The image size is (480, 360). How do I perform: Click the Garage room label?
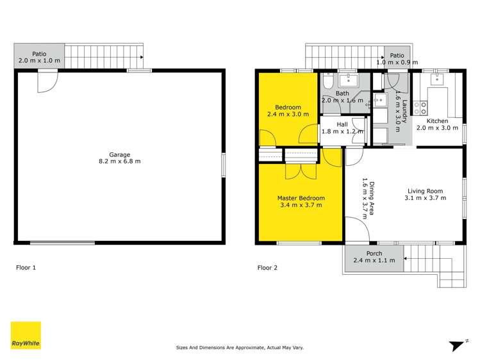coord(119,154)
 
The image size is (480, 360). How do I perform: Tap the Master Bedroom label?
coord(301,198)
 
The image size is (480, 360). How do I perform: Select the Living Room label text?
coord(425,190)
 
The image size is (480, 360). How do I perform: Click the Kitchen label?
coord(437,120)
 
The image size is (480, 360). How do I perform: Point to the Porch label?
coord(374,254)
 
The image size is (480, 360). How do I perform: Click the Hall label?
coord(342,125)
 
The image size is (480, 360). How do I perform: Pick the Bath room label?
coord(342,94)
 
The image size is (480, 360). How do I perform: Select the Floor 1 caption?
coord(26,268)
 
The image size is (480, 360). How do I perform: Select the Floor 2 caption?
coord(267,268)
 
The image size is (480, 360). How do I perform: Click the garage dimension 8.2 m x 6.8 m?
coord(119,161)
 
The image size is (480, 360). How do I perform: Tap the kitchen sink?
coord(439,80)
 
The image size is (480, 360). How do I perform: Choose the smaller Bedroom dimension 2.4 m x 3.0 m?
coord(288,115)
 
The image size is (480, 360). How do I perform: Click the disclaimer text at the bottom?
coord(240,348)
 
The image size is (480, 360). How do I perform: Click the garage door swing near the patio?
coord(47,81)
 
